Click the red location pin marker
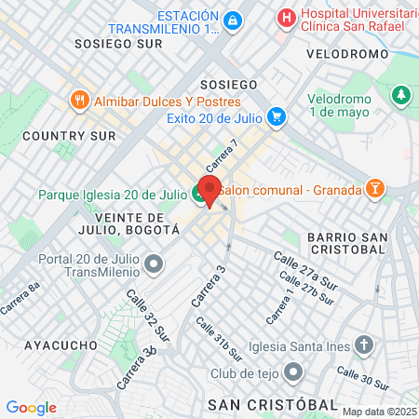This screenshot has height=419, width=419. click(210, 191)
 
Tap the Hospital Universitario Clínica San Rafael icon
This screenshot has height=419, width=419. click(287, 17)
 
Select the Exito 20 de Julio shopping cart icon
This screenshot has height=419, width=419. click(276, 117)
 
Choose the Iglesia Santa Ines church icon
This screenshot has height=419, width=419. click(364, 345)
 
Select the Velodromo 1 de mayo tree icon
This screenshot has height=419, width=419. click(401, 95)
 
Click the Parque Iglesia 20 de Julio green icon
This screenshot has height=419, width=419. click(199, 194)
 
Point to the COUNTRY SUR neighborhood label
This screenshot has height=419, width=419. click(69, 135)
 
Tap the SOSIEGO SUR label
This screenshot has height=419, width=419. click(113, 43)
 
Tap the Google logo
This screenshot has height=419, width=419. click(31, 407)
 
